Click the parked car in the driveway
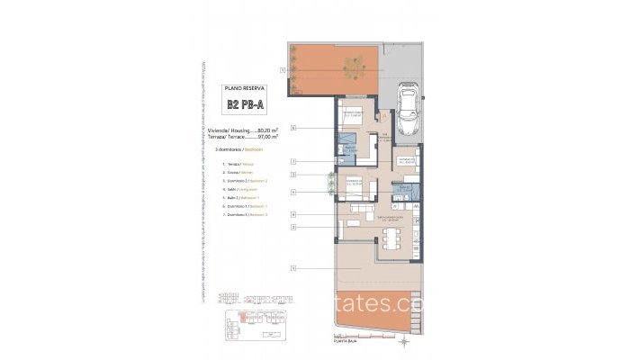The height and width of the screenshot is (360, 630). point(408,106)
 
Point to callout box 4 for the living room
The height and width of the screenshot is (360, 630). point(294,214)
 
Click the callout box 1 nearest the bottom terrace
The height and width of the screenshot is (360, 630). point(294,267)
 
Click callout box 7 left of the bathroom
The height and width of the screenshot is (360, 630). point(294,162)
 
